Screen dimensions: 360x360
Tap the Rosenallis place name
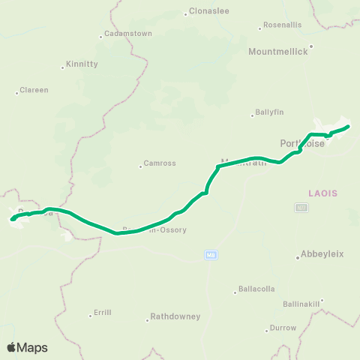283,25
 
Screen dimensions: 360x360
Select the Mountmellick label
277,53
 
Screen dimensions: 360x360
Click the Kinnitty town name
82,64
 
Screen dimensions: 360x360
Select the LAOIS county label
323,193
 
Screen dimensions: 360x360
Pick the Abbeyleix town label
322,253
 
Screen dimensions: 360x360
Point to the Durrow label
283,328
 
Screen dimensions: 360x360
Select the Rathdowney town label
175,316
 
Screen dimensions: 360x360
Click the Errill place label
102,313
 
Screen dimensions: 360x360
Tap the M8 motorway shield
211,255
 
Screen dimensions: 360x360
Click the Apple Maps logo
28,347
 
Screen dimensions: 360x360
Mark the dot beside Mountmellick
310,46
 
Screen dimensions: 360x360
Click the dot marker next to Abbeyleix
298,258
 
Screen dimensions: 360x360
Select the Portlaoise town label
302,143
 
